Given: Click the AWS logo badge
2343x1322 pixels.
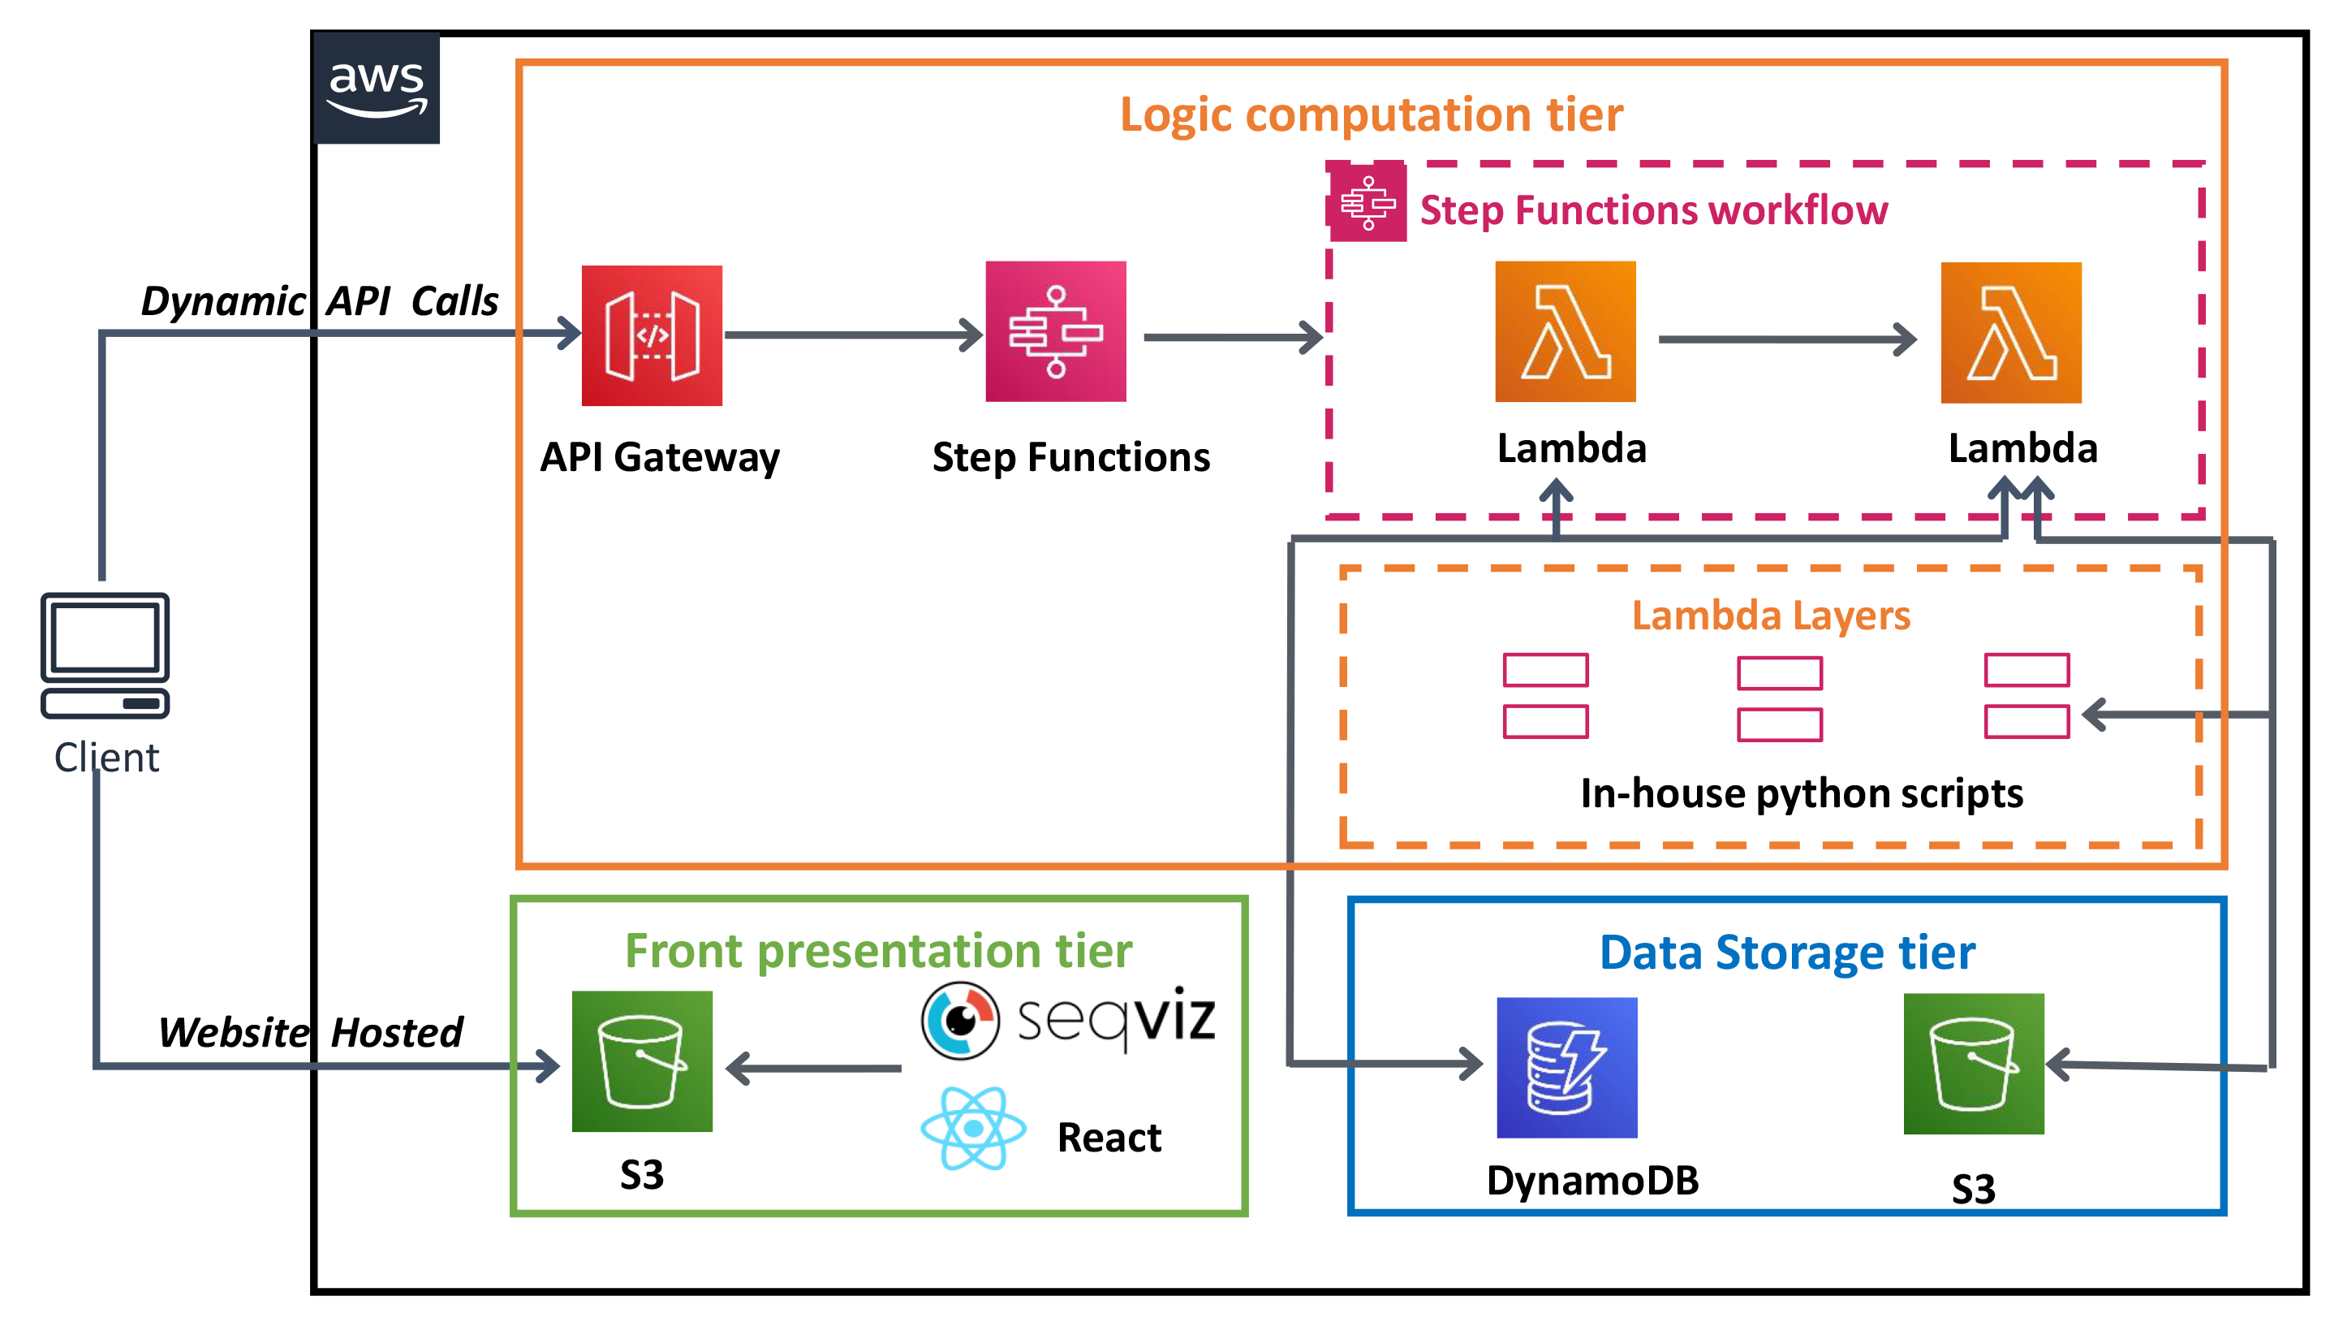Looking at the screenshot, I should click(x=376, y=89).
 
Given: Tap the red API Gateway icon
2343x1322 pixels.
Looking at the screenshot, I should click(x=651, y=335).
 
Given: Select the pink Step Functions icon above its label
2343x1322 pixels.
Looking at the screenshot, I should click(x=1055, y=331).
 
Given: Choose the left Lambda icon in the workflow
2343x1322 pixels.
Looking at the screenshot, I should click(x=1565, y=331).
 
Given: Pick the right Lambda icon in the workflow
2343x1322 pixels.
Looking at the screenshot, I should click(x=2010, y=332).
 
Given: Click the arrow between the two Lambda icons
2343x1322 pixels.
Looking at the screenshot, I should click(x=1787, y=339).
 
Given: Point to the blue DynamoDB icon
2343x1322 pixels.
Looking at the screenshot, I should click(x=1566, y=1067).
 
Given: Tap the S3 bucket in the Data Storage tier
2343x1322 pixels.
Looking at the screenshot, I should click(x=1973, y=1064).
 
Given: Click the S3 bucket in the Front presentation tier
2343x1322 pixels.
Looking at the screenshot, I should click(x=641, y=1061).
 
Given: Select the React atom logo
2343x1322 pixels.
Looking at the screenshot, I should click(x=973, y=1128).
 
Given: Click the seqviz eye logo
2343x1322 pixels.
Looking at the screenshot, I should click(x=959, y=1020).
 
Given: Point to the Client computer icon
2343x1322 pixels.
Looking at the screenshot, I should click(x=105, y=655).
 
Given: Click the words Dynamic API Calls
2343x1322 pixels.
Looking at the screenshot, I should click(x=319, y=301).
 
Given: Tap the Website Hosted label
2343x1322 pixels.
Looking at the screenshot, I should click(x=310, y=1032).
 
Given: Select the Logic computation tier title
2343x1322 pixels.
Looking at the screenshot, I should click(x=1371, y=114).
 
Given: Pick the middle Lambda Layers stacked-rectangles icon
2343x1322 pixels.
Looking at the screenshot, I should click(x=1779, y=698).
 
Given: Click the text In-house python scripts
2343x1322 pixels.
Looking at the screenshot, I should click(x=1801, y=793).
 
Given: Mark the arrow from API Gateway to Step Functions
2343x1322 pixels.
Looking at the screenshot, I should click(x=853, y=335).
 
